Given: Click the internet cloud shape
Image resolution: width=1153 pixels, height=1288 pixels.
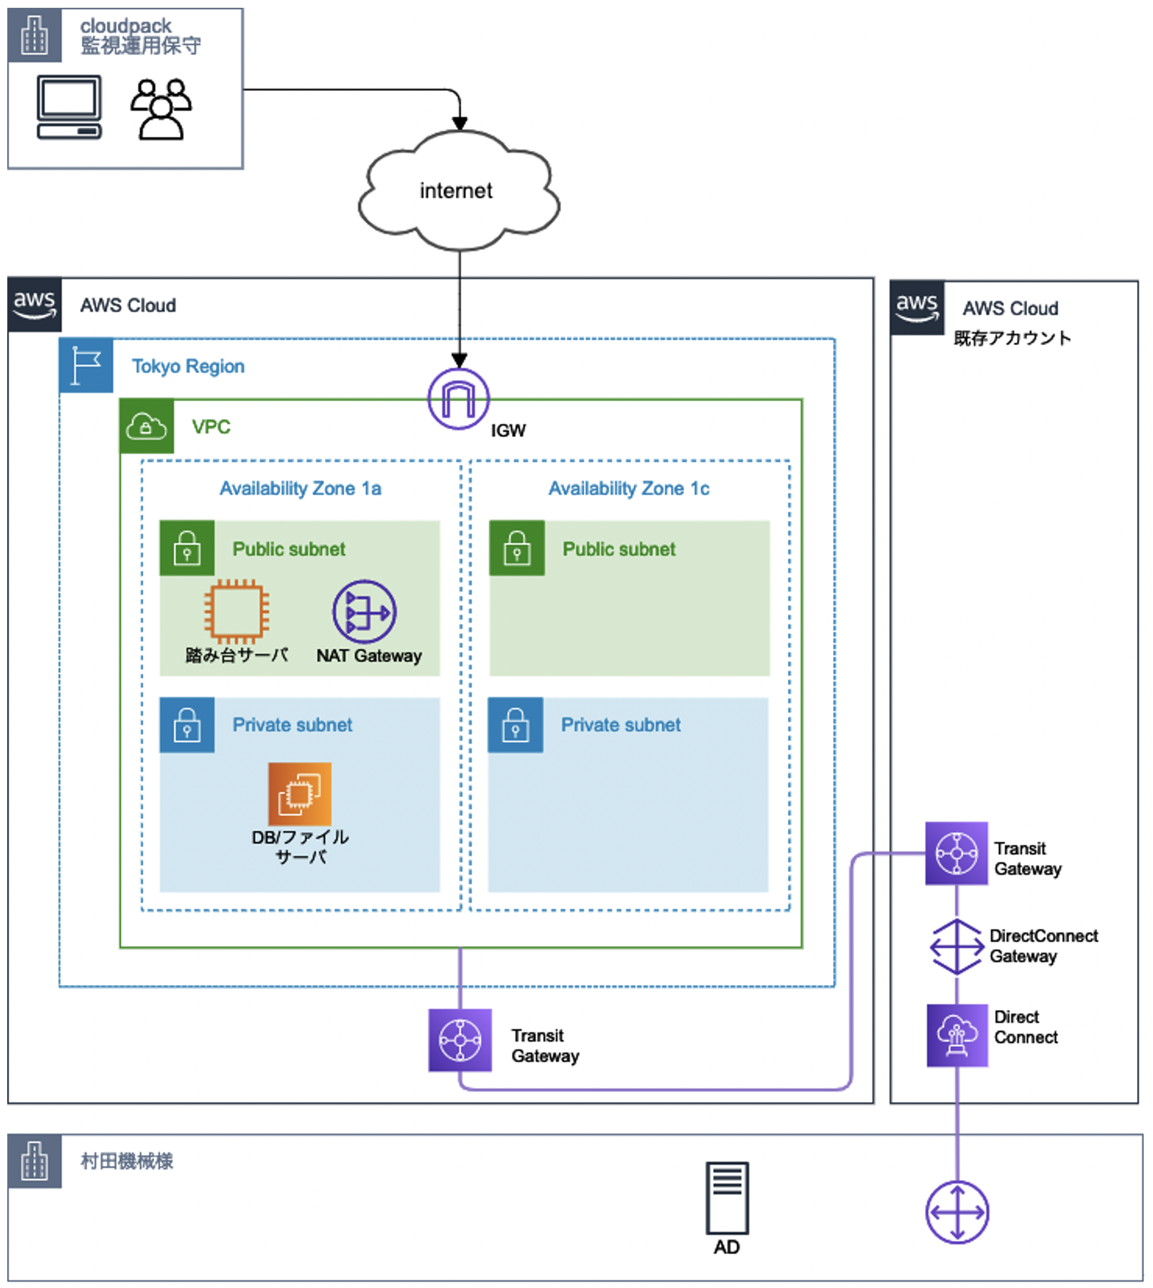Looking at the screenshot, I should tap(459, 190).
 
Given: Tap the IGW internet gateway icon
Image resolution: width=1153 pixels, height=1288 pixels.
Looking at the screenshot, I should tap(459, 399).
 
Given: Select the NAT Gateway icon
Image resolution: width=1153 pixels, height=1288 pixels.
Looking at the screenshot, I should tap(365, 612).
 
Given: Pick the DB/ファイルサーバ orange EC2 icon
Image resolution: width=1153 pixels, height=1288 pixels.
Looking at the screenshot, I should tap(300, 794).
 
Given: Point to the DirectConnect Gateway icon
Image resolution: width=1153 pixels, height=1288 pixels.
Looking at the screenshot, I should tap(957, 947).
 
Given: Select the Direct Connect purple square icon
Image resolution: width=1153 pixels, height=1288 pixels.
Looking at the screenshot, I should tap(957, 1035).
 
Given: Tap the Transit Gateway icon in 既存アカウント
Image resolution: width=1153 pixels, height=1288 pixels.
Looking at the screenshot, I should tap(957, 853).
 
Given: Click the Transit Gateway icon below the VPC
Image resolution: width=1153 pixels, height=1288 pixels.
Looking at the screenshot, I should tap(460, 1040).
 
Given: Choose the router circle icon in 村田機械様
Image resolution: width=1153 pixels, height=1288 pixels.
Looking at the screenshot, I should tap(957, 1213).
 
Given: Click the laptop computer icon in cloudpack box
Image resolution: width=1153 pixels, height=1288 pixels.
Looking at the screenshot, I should tap(69, 107).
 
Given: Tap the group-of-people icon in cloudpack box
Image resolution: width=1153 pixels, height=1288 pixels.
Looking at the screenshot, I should tap(161, 108).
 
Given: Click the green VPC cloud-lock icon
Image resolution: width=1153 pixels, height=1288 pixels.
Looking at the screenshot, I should tap(146, 426).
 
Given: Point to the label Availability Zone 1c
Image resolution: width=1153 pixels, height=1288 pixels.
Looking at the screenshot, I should tap(629, 489).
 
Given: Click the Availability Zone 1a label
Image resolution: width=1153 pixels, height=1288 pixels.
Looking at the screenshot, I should tap(300, 489).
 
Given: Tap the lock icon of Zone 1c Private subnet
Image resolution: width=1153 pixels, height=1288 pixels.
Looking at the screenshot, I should tap(516, 725).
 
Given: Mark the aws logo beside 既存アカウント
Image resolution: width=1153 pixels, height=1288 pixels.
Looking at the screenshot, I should tap(917, 308).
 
